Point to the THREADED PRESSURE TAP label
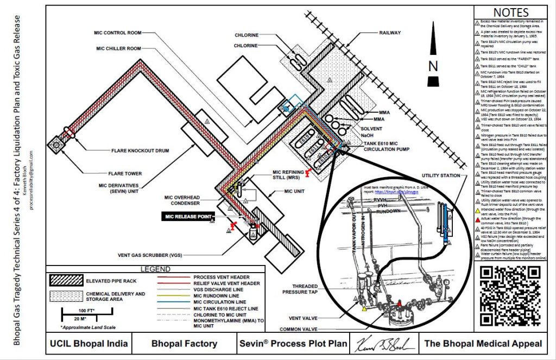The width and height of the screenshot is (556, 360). point(302,289)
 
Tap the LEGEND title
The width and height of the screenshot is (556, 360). point(156,269)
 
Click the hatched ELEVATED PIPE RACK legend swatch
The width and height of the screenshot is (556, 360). point(65,280)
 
